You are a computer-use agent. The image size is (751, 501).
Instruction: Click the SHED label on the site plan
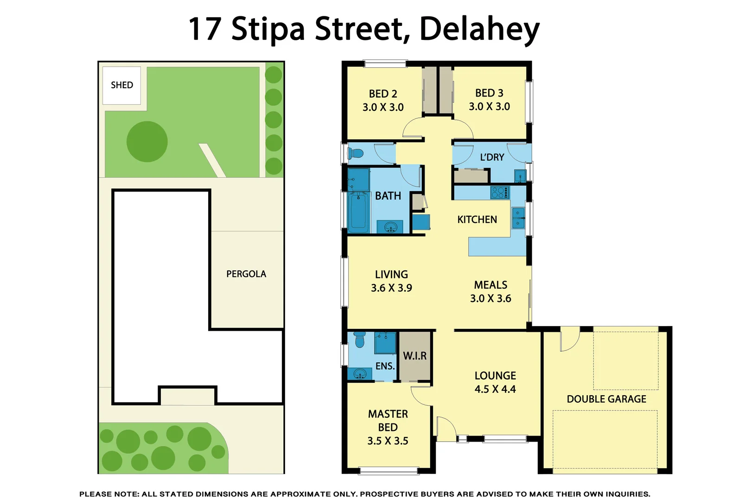pos(122,85)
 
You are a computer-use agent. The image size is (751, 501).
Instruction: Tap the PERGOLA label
pos(246,274)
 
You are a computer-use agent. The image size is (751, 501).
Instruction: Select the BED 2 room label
pos(383,94)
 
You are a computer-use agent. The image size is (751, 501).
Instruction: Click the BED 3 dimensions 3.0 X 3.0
pos(489,107)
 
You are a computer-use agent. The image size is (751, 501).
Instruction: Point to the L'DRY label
pos(492,157)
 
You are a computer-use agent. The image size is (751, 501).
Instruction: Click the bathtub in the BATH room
pos(358,212)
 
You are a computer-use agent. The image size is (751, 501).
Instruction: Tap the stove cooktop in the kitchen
pos(500,193)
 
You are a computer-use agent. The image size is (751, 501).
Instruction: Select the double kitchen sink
pos(518,218)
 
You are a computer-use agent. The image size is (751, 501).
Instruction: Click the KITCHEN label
pos(477,220)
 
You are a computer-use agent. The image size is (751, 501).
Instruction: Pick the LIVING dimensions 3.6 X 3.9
pos(391,288)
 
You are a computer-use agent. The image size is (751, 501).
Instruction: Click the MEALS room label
pos(490,285)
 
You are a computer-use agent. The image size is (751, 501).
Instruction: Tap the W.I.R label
pos(414,356)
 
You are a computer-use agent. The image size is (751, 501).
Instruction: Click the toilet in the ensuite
pos(359,340)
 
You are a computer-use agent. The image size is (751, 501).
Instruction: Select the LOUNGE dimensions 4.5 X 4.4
pos(495,389)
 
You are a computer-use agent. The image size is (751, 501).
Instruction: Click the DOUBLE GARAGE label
pos(606,399)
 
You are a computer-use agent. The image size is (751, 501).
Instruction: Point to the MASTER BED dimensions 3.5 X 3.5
pos(388,441)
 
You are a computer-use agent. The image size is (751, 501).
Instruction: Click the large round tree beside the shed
pos(147,141)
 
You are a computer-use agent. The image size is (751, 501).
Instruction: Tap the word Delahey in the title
pos(479,29)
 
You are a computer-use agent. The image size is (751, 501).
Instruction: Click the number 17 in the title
pos(204,29)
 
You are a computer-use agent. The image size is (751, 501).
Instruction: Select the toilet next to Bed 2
pos(355,153)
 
